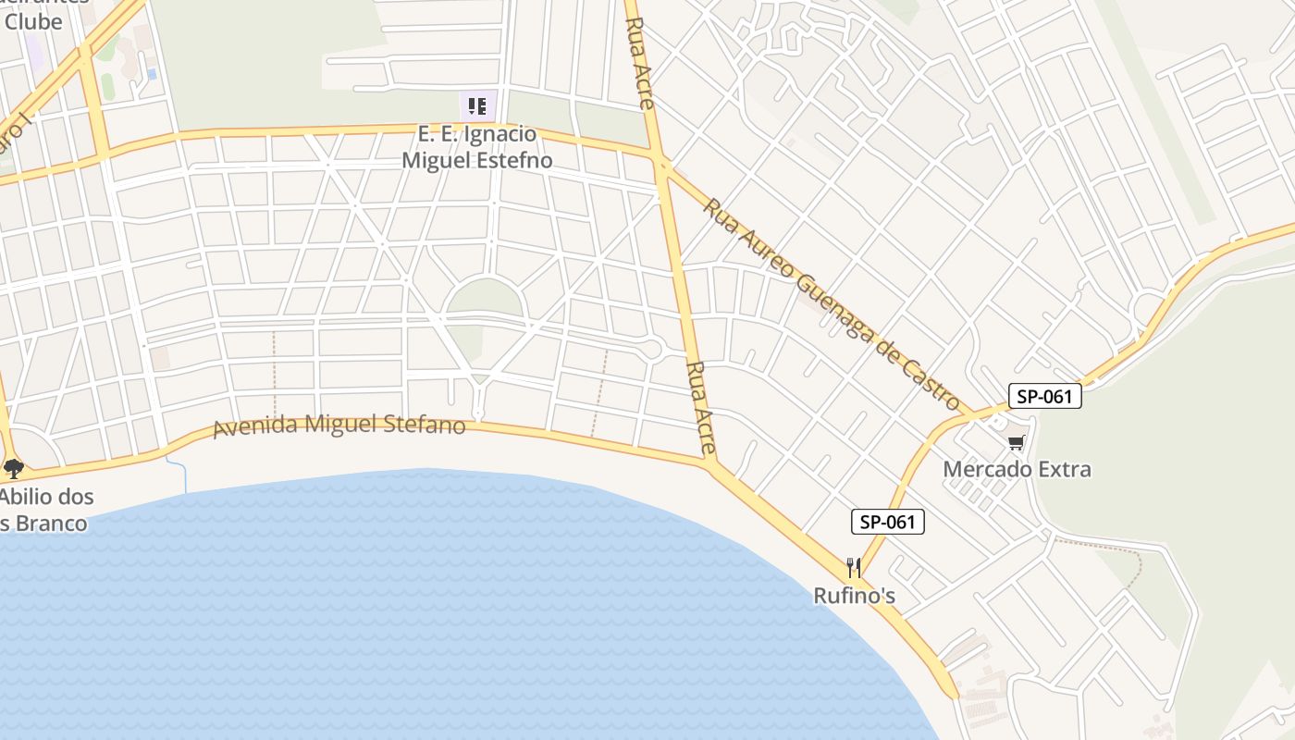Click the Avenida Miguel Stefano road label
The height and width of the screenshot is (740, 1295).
point(339,426)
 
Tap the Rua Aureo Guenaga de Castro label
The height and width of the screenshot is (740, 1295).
point(832,303)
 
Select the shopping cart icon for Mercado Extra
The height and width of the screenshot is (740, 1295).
point(1017,442)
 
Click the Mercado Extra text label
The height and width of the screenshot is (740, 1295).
point(1017,469)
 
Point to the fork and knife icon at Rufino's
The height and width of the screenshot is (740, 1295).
point(854,567)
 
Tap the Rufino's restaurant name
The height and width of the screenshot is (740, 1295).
point(854,596)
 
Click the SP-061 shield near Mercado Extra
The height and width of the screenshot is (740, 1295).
point(1044,397)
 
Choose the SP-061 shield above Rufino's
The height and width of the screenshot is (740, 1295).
point(887,522)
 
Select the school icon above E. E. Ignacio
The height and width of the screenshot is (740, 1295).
point(477,106)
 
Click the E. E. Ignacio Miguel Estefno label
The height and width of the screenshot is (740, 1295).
point(476,147)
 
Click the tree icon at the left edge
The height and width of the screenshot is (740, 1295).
point(13,468)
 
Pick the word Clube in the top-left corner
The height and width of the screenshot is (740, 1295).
point(33,21)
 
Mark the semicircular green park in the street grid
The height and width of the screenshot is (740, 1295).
point(484,297)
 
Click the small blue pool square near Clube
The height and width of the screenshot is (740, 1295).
point(151,74)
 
